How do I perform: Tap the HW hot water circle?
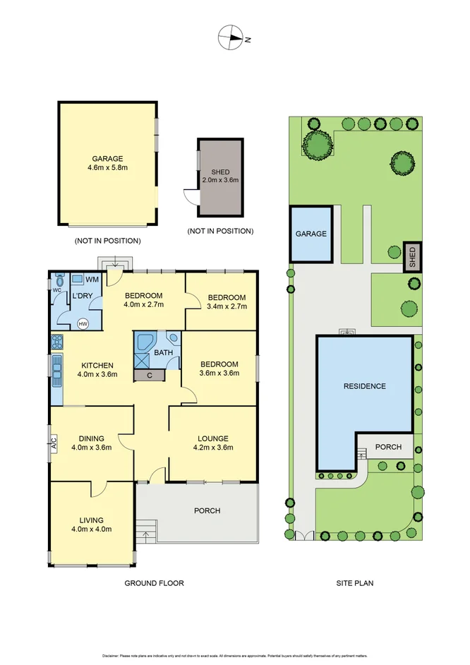(x=83, y=324)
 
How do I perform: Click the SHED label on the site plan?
(x=411, y=258)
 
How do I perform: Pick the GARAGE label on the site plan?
(x=311, y=234)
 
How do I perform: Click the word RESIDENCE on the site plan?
(x=364, y=386)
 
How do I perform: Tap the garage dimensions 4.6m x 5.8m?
(x=107, y=169)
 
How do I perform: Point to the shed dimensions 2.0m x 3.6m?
(x=220, y=181)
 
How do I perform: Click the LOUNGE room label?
(x=212, y=438)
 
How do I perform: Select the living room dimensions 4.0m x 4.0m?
(x=92, y=528)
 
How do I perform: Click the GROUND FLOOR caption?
(x=154, y=583)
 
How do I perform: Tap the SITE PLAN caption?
(x=354, y=583)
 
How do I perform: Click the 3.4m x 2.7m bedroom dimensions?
(x=226, y=306)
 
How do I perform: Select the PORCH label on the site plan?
(x=388, y=447)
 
